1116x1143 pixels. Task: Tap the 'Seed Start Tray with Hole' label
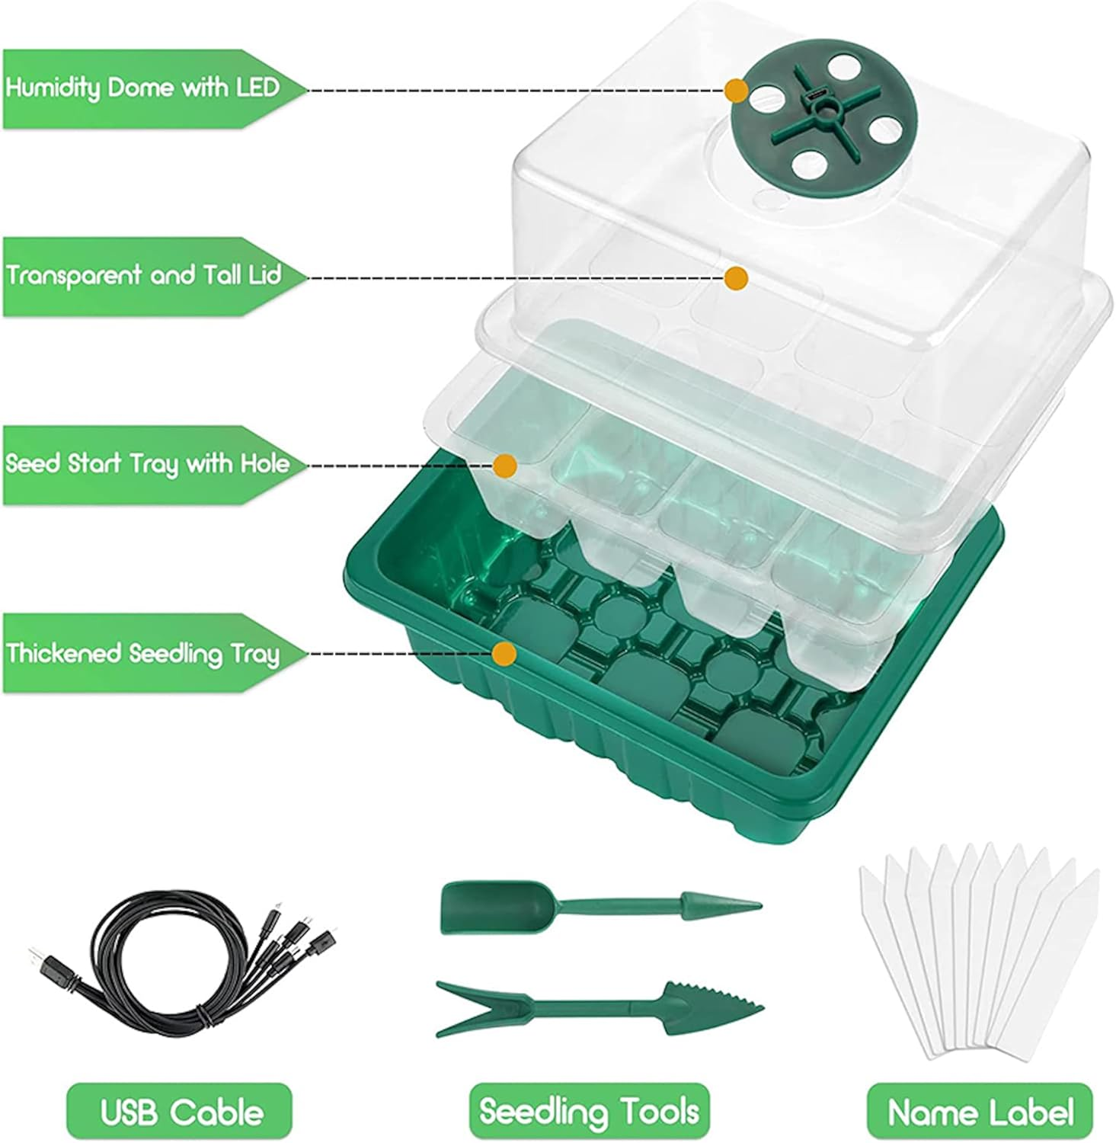click(x=147, y=465)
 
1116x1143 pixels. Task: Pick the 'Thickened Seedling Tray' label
click(x=143, y=654)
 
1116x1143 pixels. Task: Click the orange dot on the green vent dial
click(x=736, y=91)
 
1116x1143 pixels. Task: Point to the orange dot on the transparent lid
click(x=735, y=278)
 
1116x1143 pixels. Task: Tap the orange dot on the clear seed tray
click(x=505, y=466)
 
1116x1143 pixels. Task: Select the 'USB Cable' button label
click(x=180, y=1112)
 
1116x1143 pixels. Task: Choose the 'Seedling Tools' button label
click(x=589, y=1112)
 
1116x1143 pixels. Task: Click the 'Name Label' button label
click(x=980, y=1112)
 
